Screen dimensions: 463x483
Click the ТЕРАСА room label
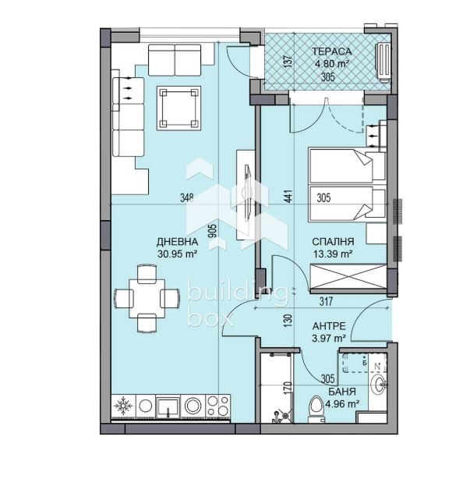[x=331, y=51]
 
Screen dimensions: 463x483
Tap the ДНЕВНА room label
[x=177, y=242]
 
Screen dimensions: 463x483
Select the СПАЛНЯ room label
[x=333, y=242]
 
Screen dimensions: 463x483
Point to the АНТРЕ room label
[x=329, y=326]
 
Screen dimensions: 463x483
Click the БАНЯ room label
[x=342, y=392]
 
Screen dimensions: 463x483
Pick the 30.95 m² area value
[x=177, y=254]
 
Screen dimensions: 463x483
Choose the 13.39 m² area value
[x=333, y=254]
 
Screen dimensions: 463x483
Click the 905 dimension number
[x=212, y=230]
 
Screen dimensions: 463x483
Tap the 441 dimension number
[x=288, y=196]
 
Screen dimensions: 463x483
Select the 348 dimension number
[x=187, y=197]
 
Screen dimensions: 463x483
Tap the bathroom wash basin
[x=378, y=385]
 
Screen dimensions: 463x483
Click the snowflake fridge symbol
[x=123, y=406]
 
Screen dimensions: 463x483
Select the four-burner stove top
[x=217, y=406]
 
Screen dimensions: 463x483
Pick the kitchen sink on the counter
[x=168, y=407]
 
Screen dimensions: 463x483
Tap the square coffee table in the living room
[x=178, y=108]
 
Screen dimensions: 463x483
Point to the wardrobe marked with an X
[x=348, y=279]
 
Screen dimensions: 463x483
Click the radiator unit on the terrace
[x=383, y=62]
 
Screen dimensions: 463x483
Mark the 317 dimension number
[x=326, y=301]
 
